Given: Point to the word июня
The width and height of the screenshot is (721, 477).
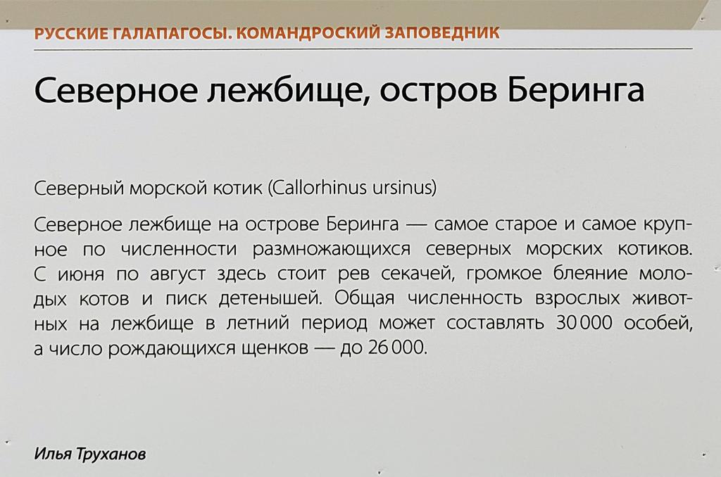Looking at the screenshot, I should [x=75, y=274].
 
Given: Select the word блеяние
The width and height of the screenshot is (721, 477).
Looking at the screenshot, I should [x=582, y=274].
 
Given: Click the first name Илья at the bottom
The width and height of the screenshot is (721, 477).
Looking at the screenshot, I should [x=51, y=454].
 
